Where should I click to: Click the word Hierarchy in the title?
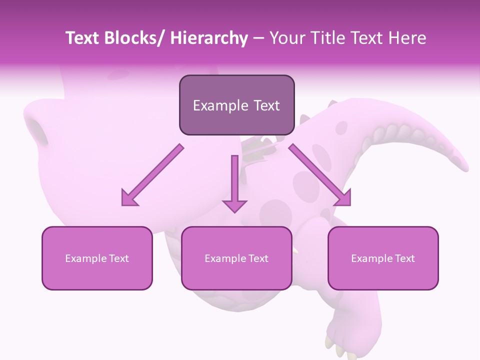[209, 38]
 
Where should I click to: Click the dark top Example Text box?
[236, 105]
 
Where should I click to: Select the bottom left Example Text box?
[97, 258]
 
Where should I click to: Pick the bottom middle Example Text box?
[236, 258]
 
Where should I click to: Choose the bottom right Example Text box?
[383, 258]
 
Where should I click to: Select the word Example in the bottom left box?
[86, 258]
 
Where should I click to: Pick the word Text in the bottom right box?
[404, 258]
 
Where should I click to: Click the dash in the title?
[258, 38]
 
